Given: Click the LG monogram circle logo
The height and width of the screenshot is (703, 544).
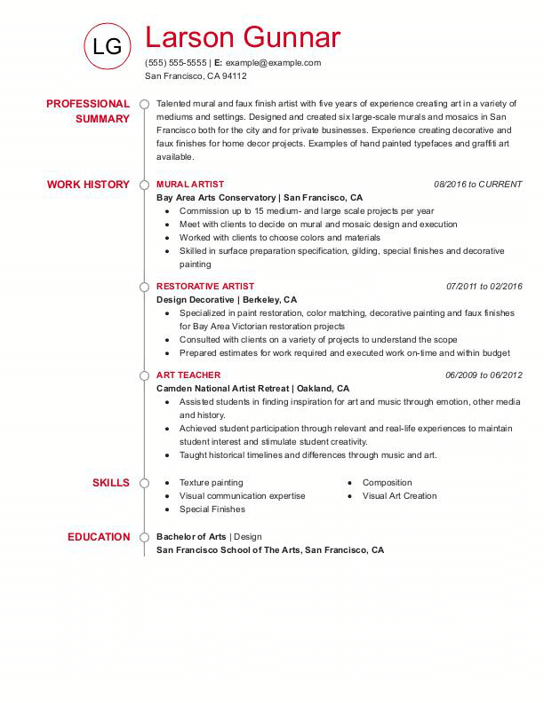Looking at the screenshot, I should tap(107, 47).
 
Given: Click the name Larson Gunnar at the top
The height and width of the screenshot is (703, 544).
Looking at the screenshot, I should tap(242, 37).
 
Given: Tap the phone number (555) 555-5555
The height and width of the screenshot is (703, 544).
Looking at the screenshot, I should tap(175, 63).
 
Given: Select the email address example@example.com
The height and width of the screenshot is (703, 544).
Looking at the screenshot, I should tap(273, 63).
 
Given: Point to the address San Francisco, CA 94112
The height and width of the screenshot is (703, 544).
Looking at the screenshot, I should tap(196, 76).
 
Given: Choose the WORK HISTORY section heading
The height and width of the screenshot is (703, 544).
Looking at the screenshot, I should tap(88, 185).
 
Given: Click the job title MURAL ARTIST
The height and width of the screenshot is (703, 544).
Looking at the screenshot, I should tap(190, 185).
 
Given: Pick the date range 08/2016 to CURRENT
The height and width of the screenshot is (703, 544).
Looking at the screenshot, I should tap(478, 185).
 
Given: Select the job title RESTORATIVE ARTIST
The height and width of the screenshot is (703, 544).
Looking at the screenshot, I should tap(205, 287).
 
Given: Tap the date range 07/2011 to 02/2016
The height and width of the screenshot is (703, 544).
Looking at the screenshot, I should tap(484, 287).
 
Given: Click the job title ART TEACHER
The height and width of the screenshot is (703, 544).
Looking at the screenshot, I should tap(188, 375).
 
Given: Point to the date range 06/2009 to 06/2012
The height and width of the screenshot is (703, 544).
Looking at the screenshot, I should tap(484, 375).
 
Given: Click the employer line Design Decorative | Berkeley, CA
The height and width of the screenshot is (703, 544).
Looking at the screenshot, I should tap(227, 300).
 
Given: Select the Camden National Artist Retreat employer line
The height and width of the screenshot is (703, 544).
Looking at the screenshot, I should tap(252, 389).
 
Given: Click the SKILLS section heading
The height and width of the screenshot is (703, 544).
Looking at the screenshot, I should tap(111, 483).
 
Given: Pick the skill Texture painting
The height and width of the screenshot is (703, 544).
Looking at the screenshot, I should tap(212, 483).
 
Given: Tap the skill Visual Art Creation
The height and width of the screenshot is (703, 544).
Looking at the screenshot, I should tap(400, 496).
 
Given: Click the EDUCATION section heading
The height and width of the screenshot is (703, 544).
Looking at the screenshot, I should tap(99, 537).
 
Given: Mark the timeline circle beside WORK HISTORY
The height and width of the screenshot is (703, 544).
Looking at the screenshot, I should tap(144, 185).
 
